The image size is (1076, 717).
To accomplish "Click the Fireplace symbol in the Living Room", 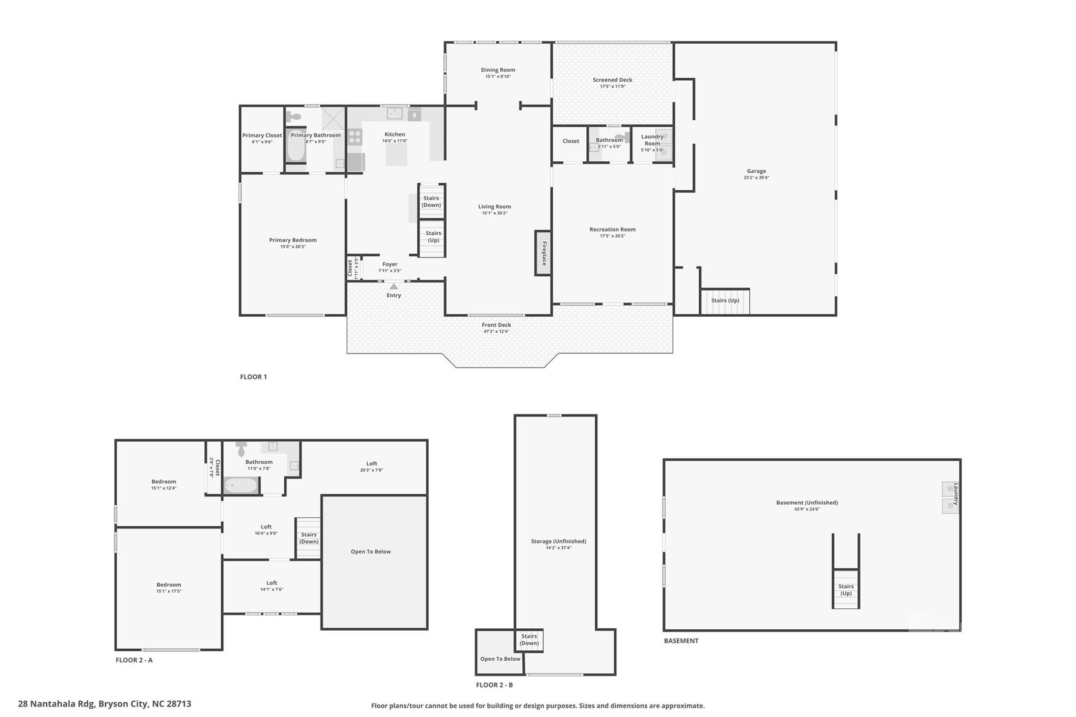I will [x=543, y=253].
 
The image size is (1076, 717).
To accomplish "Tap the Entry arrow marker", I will [x=394, y=286].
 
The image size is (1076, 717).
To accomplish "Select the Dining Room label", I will [x=498, y=70].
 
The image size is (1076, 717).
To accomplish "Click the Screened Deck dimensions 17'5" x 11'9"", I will [x=612, y=87].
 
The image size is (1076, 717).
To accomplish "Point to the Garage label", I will [x=756, y=171].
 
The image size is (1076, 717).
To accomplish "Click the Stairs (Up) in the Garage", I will [x=725, y=301].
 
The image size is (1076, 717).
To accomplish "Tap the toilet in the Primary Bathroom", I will [x=294, y=117].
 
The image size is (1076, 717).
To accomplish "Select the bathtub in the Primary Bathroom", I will [x=296, y=147].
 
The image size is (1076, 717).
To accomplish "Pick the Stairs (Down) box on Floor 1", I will [x=431, y=201].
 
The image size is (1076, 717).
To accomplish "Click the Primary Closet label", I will [x=262, y=136].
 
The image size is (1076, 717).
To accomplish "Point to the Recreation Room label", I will [x=612, y=230].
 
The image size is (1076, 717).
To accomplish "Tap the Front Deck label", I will [x=496, y=325].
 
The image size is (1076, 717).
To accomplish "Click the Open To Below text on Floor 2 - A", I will [x=370, y=552].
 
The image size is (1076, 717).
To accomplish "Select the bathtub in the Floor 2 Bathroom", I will [x=241, y=485].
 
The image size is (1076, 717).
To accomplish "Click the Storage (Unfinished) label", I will [x=558, y=541].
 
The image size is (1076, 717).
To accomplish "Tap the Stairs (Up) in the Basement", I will [x=845, y=589].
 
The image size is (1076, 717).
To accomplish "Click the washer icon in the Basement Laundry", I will [x=949, y=489].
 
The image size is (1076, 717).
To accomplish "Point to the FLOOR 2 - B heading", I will [x=494, y=685].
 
